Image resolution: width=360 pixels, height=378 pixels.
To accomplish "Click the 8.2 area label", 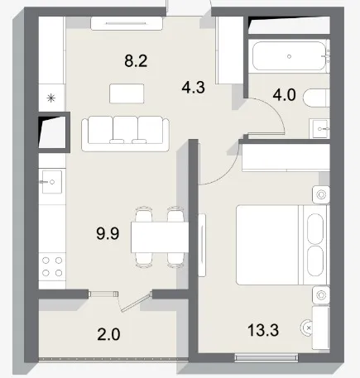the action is (x=136, y=61).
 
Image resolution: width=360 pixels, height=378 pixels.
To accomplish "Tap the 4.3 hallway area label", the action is (x=194, y=88).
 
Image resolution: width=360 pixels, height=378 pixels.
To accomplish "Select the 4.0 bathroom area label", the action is (x=284, y=95).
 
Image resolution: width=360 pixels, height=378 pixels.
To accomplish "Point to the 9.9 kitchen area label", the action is (x=108, y=233).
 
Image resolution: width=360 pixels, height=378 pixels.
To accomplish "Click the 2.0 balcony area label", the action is (x=108, y=334).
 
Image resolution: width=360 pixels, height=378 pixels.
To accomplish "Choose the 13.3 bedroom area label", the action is (x=263, y=330).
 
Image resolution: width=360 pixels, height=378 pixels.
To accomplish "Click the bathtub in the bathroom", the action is (x=289, y=56).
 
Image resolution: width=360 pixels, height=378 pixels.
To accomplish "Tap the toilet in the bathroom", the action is (x=316, y=98).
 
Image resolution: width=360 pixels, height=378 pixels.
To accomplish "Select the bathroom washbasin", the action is (x=319, y=128).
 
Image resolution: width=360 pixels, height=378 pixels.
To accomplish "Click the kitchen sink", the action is (x=52, y=182).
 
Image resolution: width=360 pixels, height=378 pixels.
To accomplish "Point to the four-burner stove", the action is (x=52, y=266).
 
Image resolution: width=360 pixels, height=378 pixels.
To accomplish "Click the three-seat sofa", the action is (x=126, y=134).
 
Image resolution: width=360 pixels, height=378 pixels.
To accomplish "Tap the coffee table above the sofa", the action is (x=127, y=93).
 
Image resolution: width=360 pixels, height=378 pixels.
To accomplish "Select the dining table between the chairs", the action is (x=160, y=237).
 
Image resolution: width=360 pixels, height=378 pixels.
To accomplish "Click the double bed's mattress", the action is (x=267, y=245).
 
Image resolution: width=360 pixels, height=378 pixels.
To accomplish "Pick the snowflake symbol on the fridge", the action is (x=51, y=98).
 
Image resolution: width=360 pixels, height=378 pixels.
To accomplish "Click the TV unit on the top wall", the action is (x=127, y=23).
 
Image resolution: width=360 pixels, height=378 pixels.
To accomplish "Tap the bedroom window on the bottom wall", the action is (x=266, y=357).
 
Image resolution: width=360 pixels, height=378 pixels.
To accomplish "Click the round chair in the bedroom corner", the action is (x=307, y=328).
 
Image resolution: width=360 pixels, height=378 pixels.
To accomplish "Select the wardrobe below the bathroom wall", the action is (x=286, y=157).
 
